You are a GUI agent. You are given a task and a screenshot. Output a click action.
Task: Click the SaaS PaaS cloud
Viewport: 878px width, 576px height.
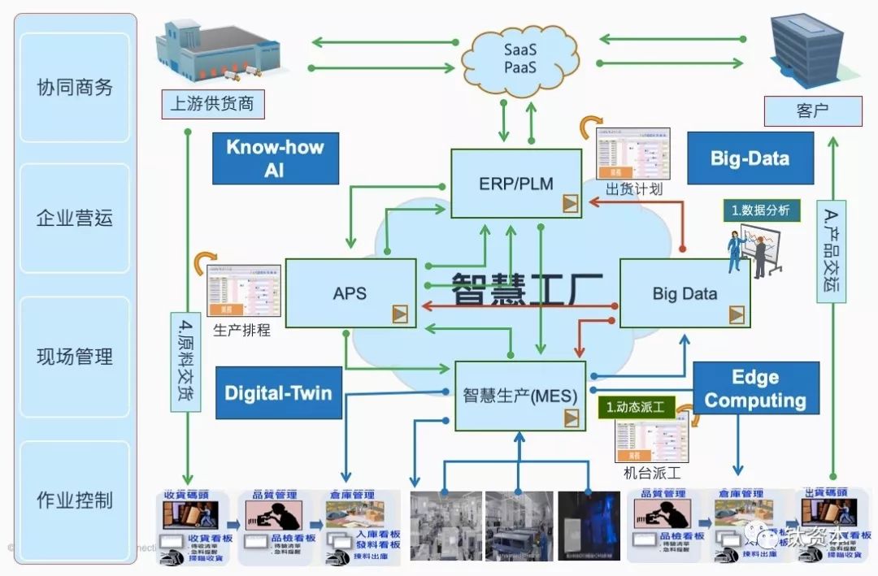tap(520, 58)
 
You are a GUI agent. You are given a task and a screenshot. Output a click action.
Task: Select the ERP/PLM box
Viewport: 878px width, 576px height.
tap(516, 184)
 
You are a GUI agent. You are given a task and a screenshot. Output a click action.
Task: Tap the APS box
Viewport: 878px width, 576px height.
tap(350, 293)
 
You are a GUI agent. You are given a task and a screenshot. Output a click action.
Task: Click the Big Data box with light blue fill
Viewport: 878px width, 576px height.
tap(685, 293)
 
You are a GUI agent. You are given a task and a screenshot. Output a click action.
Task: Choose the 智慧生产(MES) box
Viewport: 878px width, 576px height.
tap(519, 396)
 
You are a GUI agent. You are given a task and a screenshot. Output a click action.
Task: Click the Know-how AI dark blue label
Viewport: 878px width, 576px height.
tap(275, 158)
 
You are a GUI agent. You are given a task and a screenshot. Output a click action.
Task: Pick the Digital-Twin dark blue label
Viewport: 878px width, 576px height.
tap(278, 393)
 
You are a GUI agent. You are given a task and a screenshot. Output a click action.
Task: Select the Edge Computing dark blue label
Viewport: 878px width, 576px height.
tap(755, 388)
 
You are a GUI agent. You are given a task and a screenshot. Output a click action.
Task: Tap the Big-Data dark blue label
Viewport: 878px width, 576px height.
tap(750, 158)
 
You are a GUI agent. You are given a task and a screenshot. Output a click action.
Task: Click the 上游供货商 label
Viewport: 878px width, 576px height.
tap(212, 103)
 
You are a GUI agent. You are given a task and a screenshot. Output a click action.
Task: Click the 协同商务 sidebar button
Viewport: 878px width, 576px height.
tap(75, 87)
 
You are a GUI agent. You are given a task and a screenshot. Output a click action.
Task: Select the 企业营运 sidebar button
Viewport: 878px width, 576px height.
tap(75, 218)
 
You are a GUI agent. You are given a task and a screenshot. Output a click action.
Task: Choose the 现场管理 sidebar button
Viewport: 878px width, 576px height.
tap(75, 356)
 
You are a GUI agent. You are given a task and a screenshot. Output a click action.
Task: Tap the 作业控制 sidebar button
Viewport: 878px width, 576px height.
tap(75, 499)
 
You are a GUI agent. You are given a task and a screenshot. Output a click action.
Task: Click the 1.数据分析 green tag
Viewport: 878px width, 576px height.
tap(761, 210)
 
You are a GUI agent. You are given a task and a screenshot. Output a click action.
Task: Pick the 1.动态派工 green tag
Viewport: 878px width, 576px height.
tap(637, 407)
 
